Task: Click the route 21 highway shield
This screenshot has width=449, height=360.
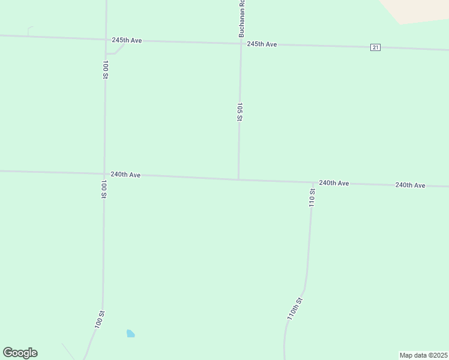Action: (x=375, y=47)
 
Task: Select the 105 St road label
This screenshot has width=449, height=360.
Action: (x=240, y=112)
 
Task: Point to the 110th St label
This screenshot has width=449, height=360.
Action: (x=295, y=308)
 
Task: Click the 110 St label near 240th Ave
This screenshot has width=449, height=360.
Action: (x=312, y=197)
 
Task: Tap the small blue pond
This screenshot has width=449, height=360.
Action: (x=130, y=334)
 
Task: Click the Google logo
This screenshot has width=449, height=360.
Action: (x=20, y=353)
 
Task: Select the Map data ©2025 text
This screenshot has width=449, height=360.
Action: (x=423, y=355)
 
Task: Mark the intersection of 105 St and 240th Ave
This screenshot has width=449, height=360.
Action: (x=239, y=179)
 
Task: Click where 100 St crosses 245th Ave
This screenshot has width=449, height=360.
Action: (x=106, y=39)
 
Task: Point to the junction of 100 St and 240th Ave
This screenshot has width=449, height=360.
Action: (x=104, y=174)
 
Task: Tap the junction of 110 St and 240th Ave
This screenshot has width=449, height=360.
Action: (x=313, y=182)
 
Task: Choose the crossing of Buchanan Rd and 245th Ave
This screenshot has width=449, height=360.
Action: (x=241, y=43)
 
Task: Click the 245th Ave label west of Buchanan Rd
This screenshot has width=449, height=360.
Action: (x=127, y=40)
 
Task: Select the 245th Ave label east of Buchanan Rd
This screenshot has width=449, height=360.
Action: (x=262, y=44)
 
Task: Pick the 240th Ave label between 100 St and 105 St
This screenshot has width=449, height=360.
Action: (x=125, y=175)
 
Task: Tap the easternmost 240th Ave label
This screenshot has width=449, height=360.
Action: (x=410, y=185)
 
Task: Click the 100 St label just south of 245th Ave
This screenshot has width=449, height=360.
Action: (x=105, y=70)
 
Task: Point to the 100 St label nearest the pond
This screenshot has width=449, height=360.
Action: (x=99, y=319)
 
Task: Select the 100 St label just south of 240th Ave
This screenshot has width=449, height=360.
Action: (x=104, y=189)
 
